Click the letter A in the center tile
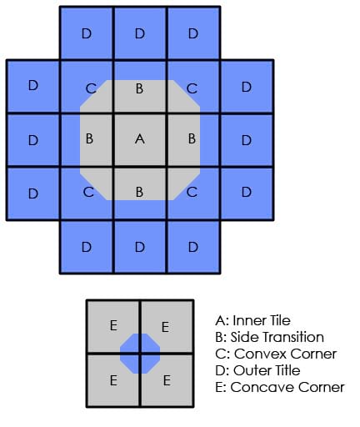coord(140,138)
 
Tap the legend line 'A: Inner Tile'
coord(252,320)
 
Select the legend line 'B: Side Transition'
coord(269,337)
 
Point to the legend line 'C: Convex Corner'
coord(276,354)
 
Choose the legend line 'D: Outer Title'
coord(257,370)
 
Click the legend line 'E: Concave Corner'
coord(280,387)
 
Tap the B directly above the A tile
coord(139,88)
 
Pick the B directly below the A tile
coord(139,192)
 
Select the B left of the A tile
coord(89,138)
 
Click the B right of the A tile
coord(192,138)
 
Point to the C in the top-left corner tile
coord(91,88)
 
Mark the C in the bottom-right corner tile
coord(192,192)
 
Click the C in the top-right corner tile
coord(192,88)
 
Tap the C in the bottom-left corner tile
coord(88,192)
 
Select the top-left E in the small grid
coord(113,325)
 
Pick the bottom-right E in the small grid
coord(167,380)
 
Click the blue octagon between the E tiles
coord(140,354)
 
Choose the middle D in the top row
coord(140,33)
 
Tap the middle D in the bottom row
coord(140,247)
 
